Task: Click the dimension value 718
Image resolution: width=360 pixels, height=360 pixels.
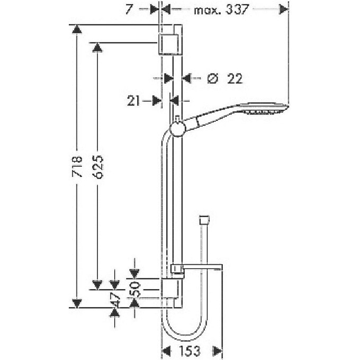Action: click(77, 166)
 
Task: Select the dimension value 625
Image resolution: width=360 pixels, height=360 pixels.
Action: click(98, 167)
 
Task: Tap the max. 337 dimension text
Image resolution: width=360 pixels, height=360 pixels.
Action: click(221, 10)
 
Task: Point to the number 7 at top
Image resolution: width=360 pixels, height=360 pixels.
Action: click(129, 10)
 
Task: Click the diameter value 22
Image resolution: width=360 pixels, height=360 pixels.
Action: click(235, 78)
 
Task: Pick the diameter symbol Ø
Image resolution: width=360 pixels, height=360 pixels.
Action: click(212, 78)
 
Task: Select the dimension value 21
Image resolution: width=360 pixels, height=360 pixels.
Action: click(133, 101)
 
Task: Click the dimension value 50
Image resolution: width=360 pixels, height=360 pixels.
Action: click(135, 290)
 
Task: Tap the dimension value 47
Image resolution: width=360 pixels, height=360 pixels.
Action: click(115, 300)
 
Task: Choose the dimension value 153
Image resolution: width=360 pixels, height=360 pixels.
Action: click(190, 351)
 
